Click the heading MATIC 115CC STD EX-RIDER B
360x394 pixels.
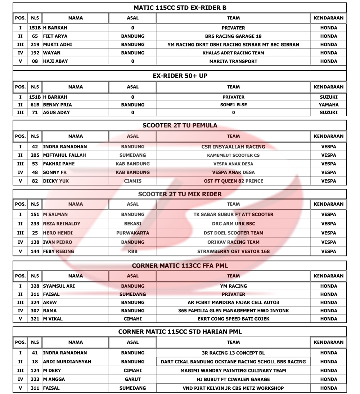click(x=180, y=8)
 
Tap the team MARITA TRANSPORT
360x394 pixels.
click(x=233, y=61)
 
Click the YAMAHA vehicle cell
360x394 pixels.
click(x=328, y=105)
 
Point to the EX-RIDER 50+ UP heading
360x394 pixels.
click(x=180, y=76)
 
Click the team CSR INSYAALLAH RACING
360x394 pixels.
click(x=233, y=147)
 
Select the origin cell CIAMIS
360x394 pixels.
click(x=132, y=181)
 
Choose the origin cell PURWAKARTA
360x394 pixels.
click(x=132, y=233)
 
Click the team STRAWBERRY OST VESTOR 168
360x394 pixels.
click(x=233, y=251)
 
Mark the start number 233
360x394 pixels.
click(x=35, y=224)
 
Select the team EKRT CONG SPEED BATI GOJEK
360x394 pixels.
click(x=233, y=319)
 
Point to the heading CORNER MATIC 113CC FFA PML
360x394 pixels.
click(x=180, y=266)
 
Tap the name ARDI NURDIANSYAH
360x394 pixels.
click(x=67, y=362)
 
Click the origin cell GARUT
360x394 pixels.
click(x=132, y=379)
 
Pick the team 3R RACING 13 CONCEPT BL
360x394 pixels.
click(x=233, y=353)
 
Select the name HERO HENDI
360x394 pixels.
click(x=58, y=233)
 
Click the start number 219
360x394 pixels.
click(x=35, y=45)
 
